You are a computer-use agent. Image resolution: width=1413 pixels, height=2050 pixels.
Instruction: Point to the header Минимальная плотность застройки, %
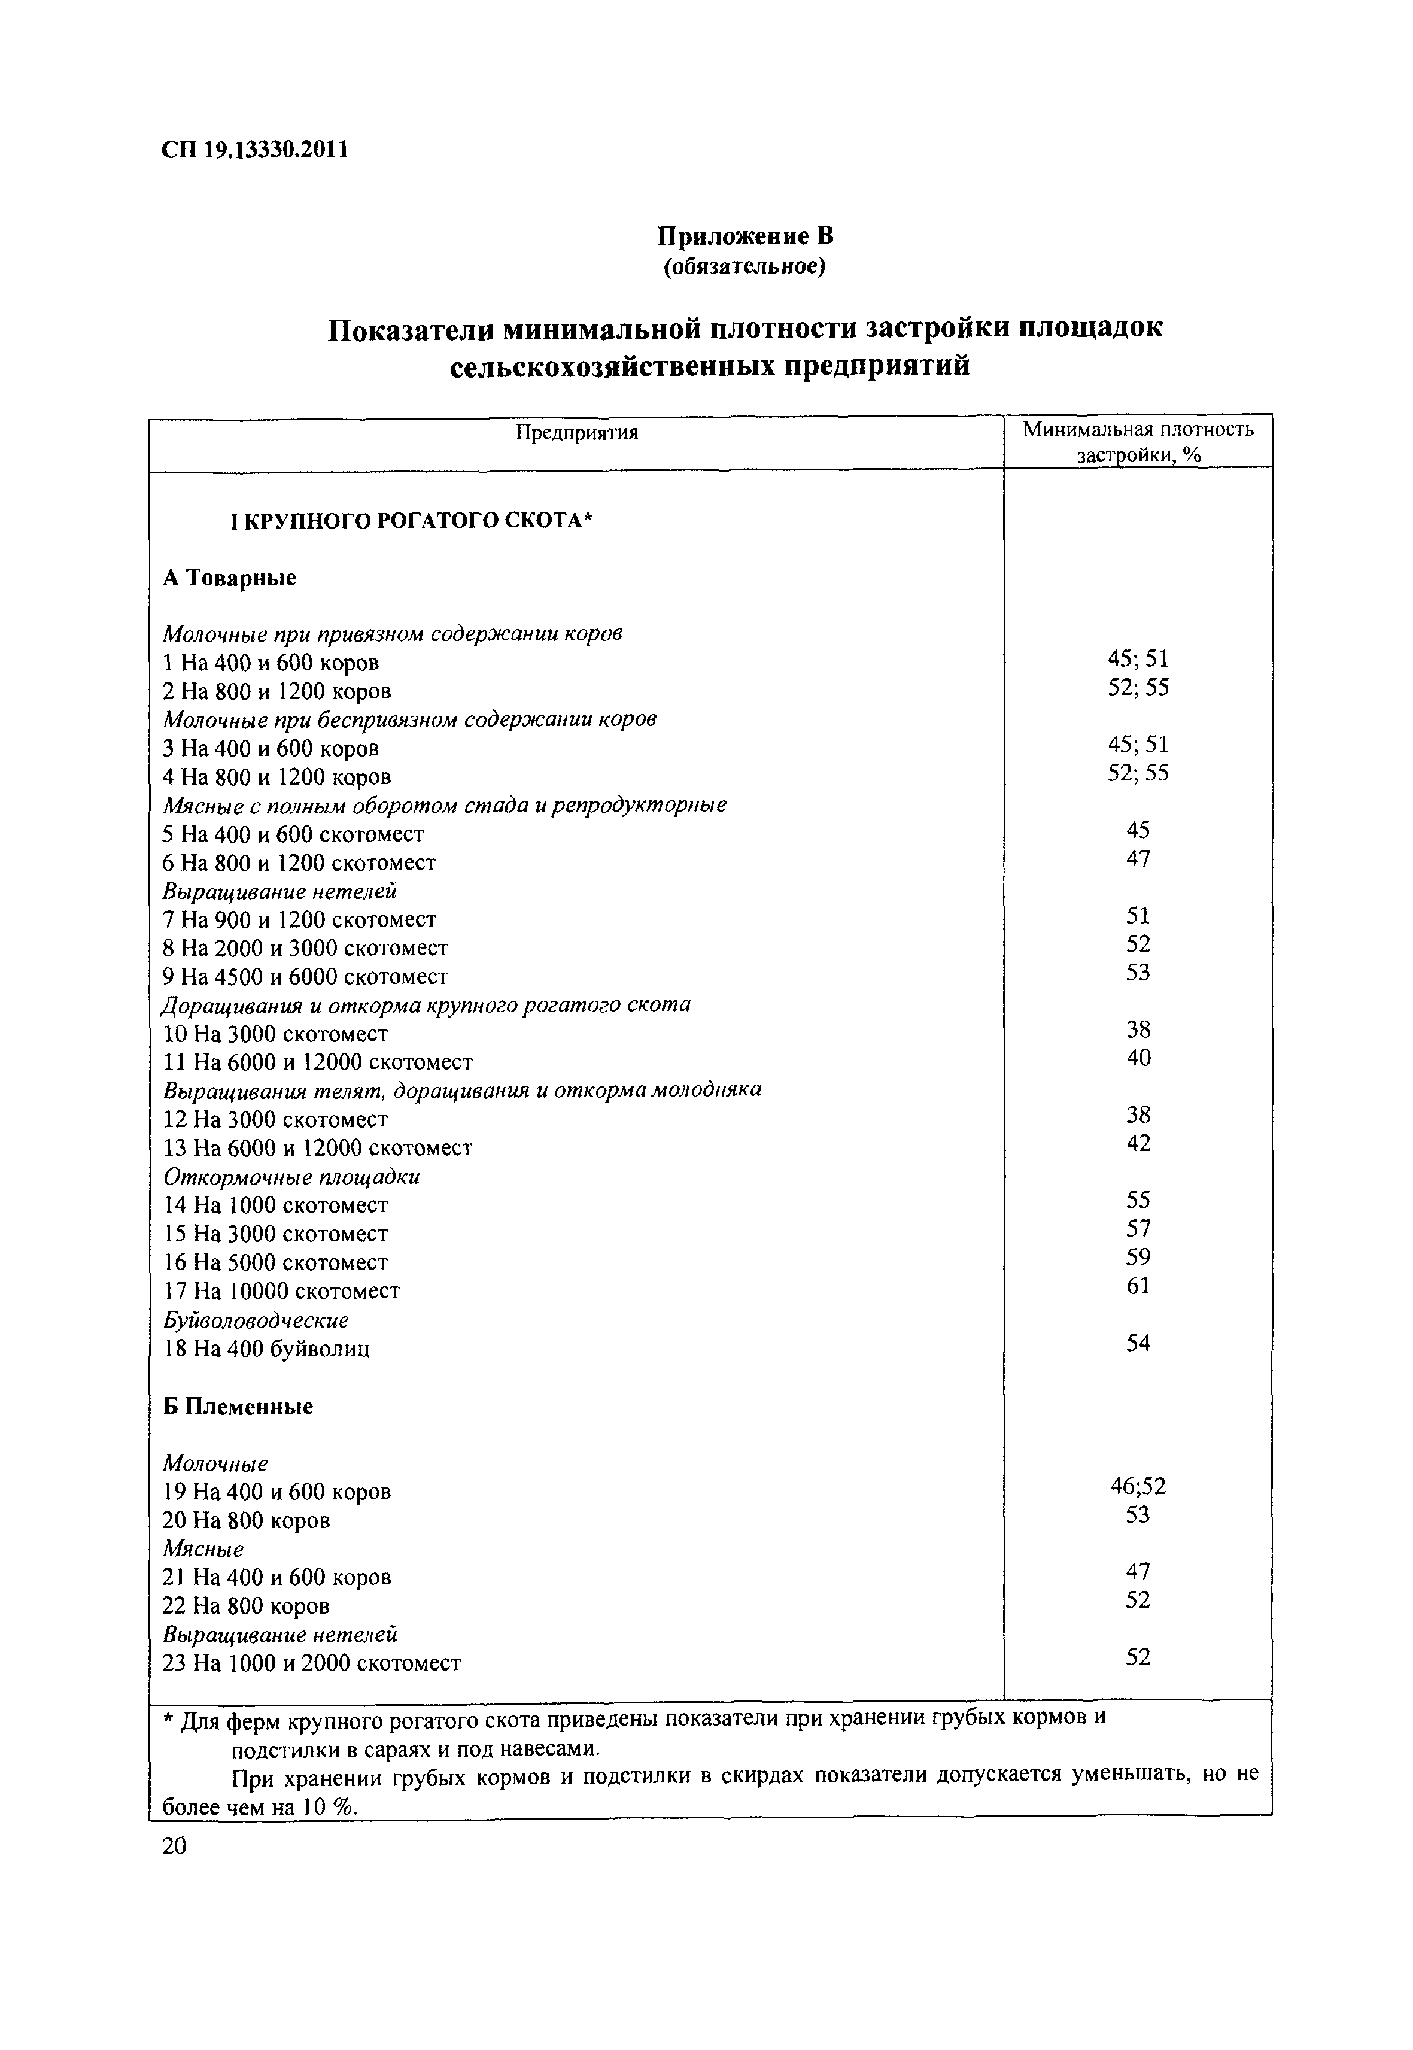pyautogui.click(x=1138, y=442)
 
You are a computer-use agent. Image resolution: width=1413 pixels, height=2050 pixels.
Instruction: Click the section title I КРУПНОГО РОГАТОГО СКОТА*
pyautogui.click(x=410, y=521)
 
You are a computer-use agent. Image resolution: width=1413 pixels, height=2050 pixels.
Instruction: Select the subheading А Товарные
pyautogui.click(x=230, y=578)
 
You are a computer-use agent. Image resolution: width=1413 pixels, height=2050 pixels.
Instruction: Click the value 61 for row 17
pyautogui.click(x=1138, y=1285)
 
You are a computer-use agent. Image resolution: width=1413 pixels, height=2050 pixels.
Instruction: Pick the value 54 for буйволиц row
pyautogui.click(x=1138, y=1343)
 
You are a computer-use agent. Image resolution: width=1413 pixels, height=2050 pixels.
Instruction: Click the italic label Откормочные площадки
pyautogui.click(x=291, y=1177)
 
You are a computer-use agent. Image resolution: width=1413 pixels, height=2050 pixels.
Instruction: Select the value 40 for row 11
pyautogui.click(x=1138, y=1058)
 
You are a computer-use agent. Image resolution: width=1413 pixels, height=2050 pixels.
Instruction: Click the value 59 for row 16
pyautogui.click(x=1138, y=1256)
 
